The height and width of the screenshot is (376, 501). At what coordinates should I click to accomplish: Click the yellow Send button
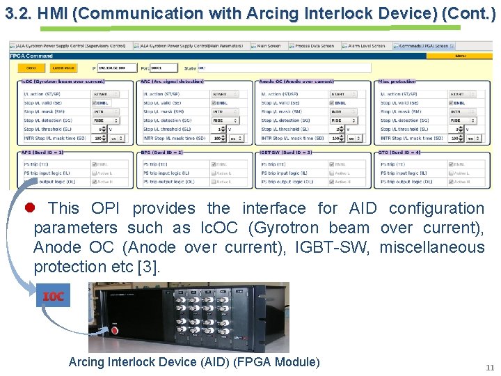tap(31, 68)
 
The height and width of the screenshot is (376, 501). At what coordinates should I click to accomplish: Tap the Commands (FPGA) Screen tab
tap(424, 46)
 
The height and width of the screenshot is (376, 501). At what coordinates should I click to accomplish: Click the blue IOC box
tap(54, 297)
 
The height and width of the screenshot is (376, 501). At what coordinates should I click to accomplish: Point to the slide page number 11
tap(490, 367)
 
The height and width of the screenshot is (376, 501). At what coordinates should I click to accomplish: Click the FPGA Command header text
tap(31, 56)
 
